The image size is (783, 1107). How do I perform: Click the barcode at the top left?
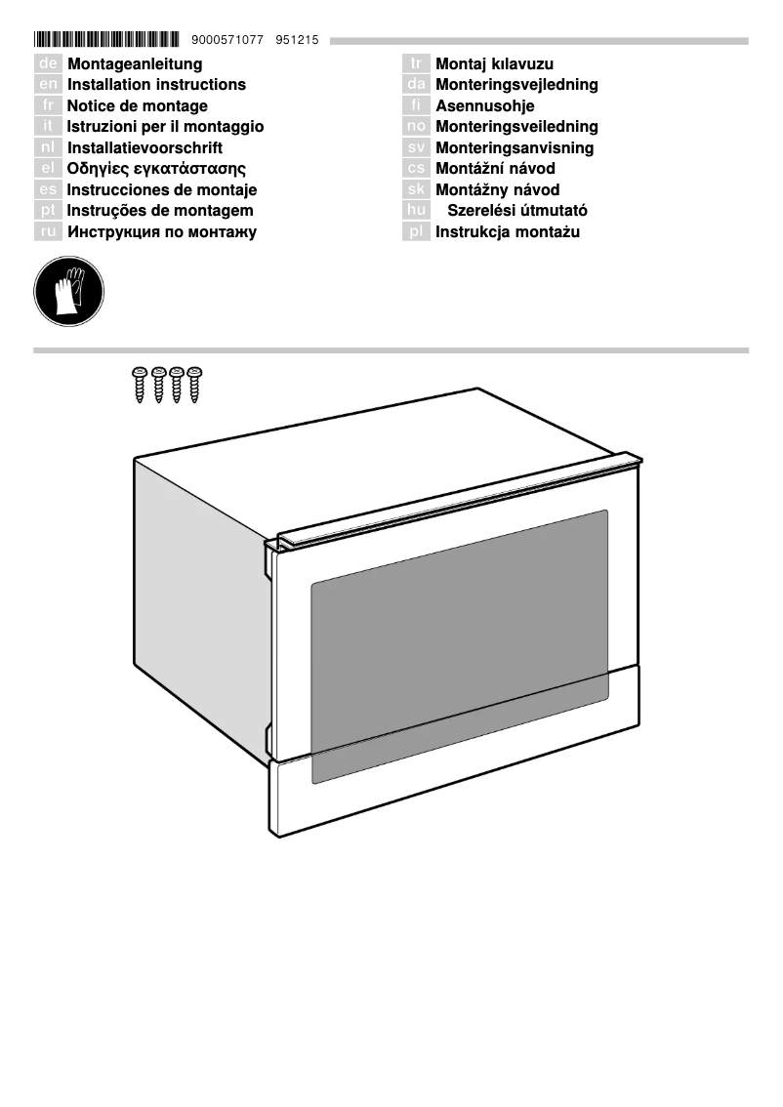[106, 40]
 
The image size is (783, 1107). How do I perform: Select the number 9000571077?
[228, 40]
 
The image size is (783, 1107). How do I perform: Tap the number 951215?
[298, 40]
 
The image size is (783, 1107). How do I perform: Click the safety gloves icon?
[68, 291]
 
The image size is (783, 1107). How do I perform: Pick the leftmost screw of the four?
[139, 384]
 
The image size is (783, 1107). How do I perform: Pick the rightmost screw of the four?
[194, 384]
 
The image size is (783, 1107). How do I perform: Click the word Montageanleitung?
[135, 64]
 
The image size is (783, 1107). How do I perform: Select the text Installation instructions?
[156, 85]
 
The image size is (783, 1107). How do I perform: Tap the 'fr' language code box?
[48, 106]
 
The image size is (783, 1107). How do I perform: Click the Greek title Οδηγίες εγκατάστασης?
[156, 169]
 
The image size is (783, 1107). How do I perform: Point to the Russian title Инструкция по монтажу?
[162, 232]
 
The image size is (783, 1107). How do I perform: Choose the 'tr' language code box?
[417, 64]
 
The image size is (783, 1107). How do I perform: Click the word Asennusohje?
[485, 106]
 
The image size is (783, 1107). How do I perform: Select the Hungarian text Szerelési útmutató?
[517, 211]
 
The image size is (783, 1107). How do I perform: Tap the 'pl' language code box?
[417, 232]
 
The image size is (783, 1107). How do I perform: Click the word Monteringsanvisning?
[515, 148]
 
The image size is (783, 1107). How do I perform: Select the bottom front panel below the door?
[454, 771]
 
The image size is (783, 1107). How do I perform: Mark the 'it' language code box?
[48, 127]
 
